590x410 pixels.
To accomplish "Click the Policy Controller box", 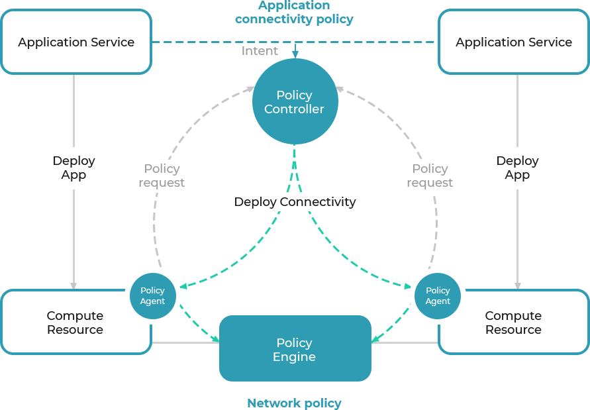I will [x=295, y=101].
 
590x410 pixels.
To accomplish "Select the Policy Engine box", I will [x=295, y=349].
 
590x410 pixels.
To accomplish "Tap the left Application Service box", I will [x=76, y=42].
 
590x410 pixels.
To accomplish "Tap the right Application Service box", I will [x=513, y=42].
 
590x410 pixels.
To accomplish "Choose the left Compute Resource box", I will [x=75, y=323].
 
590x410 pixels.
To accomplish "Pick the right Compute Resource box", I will [x=513, y=323].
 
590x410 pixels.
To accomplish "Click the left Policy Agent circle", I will [x=152, y=295].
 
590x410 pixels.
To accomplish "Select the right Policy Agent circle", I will [x=438, y=295].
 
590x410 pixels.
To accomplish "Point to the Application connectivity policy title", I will [x=294, y=13].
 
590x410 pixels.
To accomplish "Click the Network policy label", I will [x=294, y=403].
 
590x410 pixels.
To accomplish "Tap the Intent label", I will [x=260, y=51].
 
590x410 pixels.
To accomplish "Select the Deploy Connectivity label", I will [x=295, y=202].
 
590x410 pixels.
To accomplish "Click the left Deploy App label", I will [x=74, y=168].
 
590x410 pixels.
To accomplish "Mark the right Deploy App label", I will [x=518, y=168].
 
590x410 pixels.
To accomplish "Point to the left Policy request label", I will [x=162, y=176].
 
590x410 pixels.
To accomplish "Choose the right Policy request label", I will [x=430, y=176].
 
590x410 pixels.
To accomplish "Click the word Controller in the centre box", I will [x=294, y=109].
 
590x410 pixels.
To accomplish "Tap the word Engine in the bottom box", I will [x=294, y=357].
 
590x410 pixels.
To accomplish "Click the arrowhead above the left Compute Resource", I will [x=74, y=286].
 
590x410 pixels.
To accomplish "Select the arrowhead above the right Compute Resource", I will [x=518, y=286].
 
